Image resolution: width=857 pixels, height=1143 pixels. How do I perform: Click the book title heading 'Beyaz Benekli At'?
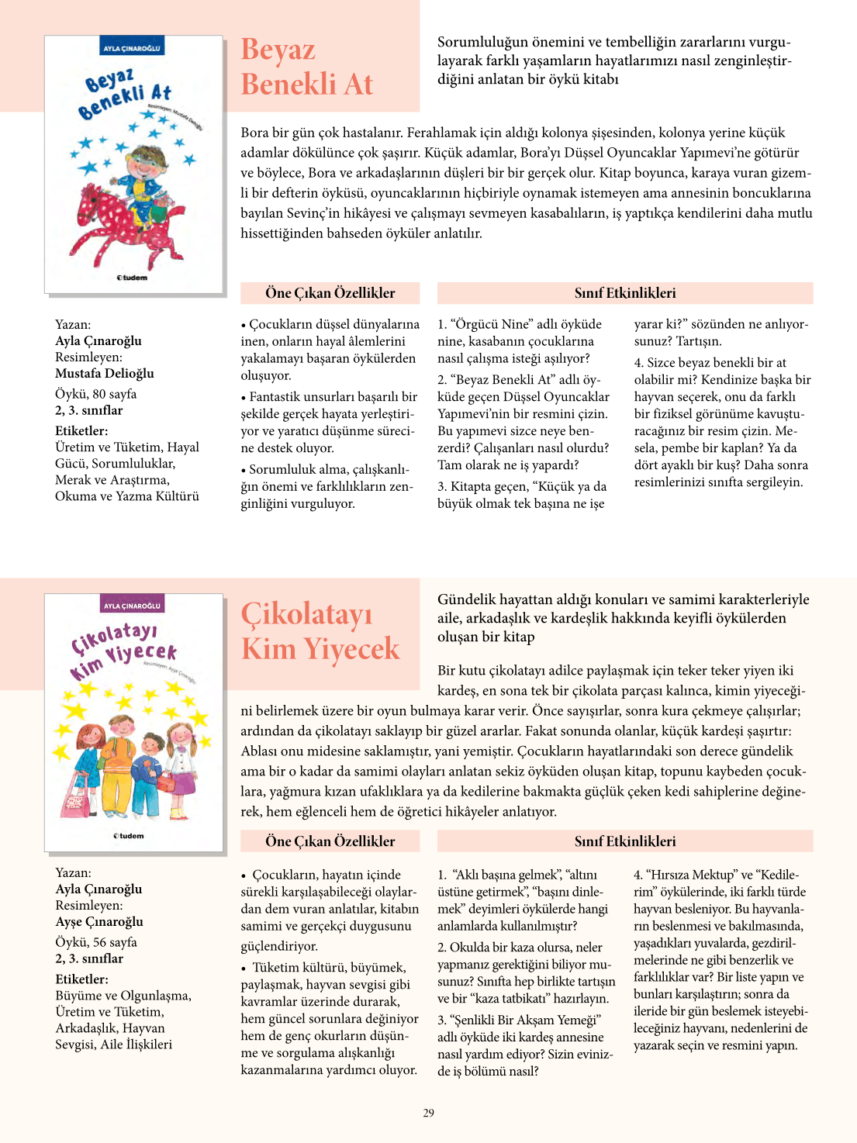click(307, 67)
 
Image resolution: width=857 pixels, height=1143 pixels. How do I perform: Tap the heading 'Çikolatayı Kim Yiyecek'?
click(320, 631)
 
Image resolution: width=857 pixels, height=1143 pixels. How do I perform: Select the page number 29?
click(428, 1113)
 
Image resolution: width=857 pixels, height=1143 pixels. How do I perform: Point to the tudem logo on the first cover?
click(132, 278)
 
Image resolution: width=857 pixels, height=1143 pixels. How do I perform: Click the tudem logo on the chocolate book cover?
click(129, 836)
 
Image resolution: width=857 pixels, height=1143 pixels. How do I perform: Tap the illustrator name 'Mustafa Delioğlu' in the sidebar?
click(105, 373)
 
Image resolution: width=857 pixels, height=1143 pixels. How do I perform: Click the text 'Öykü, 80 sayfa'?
click(96, 394)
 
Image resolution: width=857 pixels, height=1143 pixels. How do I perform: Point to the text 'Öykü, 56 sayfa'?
click(96, 942)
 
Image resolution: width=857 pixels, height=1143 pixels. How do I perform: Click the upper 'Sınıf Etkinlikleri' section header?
click(625, 293)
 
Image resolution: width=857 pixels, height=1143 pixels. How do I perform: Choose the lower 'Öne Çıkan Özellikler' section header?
click(330, 841)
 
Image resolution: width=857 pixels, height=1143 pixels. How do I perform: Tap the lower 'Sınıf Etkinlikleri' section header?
click(625, 841)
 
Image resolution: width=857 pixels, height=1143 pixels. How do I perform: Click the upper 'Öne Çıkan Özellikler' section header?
click(330, 293)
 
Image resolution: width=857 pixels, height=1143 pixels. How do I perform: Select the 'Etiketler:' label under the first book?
click(81, 431)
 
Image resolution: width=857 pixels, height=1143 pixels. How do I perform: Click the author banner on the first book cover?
click(132, 48)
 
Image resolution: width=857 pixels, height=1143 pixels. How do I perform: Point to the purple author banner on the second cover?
click(132, 606)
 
